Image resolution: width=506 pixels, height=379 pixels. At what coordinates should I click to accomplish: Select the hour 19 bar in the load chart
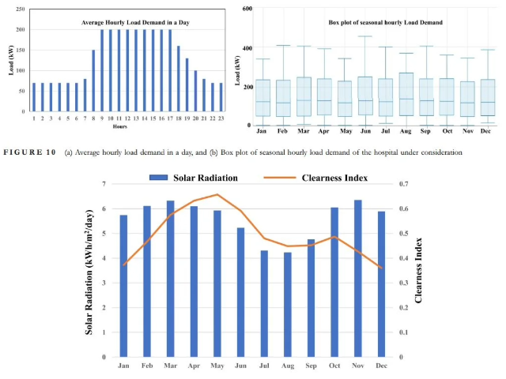coord(187,91)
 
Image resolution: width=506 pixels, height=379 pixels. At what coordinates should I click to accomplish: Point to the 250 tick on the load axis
coord(21,9)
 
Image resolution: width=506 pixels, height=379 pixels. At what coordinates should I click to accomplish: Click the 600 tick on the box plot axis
coord(247,9)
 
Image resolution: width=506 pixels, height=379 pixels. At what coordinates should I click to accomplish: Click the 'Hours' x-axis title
coord(120,126)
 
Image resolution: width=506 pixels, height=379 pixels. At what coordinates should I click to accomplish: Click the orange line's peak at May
coord(217,194)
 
